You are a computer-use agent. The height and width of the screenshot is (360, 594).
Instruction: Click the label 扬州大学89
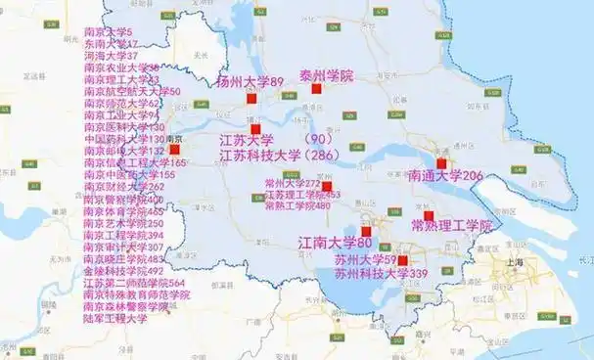250,81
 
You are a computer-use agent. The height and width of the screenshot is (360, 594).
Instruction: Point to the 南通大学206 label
446,176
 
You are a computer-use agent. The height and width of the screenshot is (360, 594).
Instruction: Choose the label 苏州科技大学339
368,275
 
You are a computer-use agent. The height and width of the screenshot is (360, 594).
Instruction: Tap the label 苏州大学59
363,260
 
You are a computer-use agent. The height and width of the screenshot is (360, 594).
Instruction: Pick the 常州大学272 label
293,183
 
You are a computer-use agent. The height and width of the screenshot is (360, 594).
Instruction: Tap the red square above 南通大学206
441,163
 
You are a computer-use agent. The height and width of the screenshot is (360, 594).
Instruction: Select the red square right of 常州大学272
327,186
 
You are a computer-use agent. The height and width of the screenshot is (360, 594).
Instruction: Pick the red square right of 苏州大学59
402,260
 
